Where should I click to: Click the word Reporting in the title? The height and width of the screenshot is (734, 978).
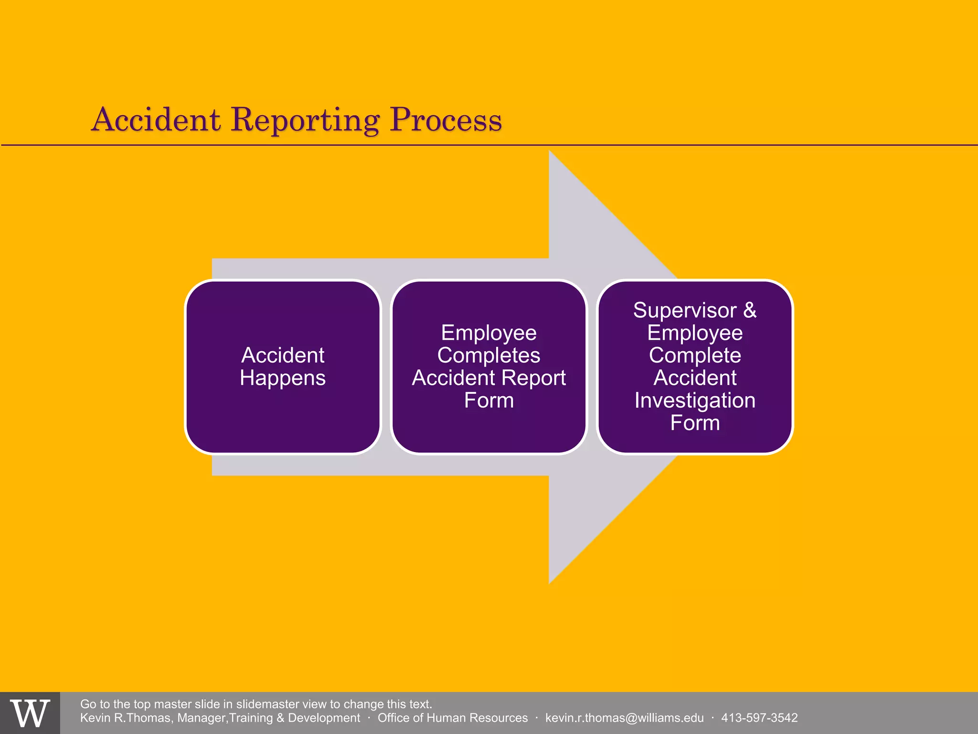(306, 120)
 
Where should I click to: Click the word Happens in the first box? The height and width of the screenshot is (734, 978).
(283, 378)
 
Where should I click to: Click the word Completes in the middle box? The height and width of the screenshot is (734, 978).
(489, 356)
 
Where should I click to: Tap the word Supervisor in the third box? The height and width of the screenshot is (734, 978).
(685, 311)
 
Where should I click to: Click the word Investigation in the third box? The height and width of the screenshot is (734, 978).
(695, 400)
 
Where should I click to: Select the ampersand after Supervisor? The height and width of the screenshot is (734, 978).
(750, 310)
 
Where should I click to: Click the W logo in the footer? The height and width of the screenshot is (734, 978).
(30, 713)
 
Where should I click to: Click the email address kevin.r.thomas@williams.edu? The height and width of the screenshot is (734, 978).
(624, 718)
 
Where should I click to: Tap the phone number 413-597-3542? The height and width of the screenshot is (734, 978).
(759, 718)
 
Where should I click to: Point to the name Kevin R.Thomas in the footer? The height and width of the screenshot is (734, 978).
(125, 718)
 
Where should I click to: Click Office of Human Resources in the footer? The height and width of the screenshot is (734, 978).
(452, 718)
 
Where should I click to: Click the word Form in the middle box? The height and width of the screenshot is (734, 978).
(489, 400)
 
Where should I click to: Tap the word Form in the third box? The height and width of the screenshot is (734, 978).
(695, 423)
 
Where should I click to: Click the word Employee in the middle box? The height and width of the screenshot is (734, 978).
(489, 333)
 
